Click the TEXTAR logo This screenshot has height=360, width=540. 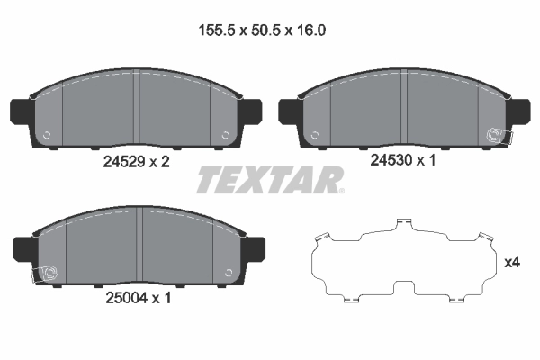click(270, 180)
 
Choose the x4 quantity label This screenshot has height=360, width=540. click(513, 263)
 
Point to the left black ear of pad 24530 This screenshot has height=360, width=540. click(290, 112)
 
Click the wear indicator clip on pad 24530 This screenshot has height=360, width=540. click(496, 136)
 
